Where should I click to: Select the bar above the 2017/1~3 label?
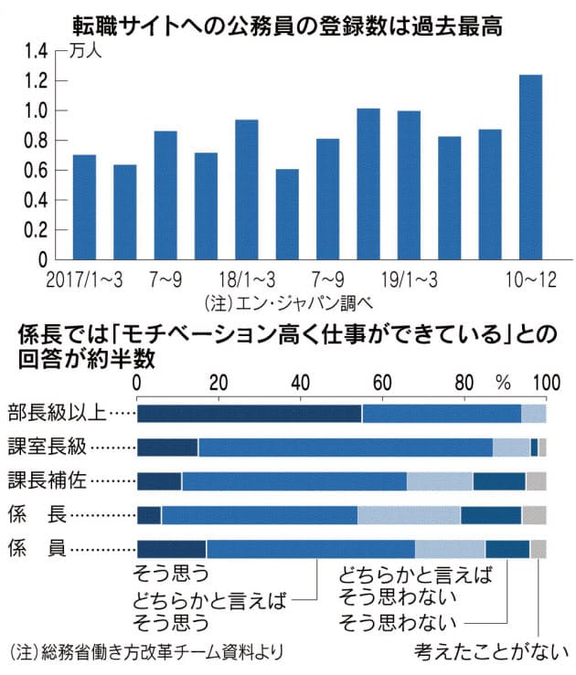(x=84, y=209)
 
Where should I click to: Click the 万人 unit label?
(x=88, y=51)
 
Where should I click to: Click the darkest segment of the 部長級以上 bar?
(x=249, y=413)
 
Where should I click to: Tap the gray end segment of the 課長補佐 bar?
(x=536, y=480)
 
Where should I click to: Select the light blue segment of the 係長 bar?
(x=409, y=514)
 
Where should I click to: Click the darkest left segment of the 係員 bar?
(x=171, y=548)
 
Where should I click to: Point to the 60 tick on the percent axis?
(x=382, y=382)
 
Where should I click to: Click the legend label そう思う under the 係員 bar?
(x=172, y=575)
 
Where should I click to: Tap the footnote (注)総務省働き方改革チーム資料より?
(x=146, y=652)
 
